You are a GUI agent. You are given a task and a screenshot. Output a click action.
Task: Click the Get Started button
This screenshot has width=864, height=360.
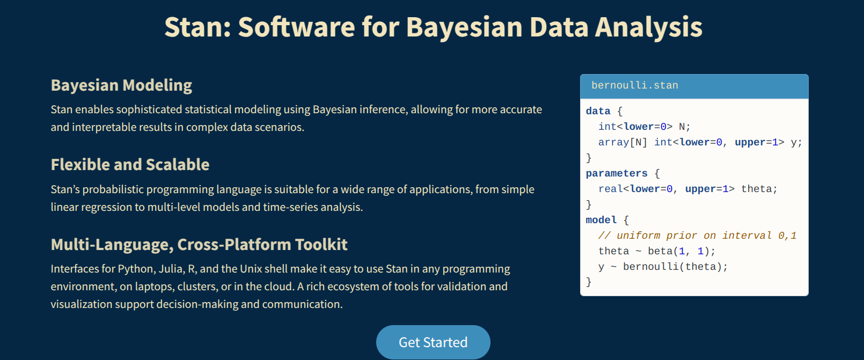[x=433, y=342]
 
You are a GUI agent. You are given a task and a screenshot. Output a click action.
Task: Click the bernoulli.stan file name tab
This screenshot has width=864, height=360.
[x=634, y=85]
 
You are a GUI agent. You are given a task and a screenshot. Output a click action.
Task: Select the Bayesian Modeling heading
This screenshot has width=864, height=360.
[x=121, y=85]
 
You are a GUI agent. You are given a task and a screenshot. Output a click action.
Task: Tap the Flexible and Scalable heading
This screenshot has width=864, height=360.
[x=130, y=165]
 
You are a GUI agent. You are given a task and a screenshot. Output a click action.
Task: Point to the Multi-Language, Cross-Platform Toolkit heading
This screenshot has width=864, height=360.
[x=199, y=245]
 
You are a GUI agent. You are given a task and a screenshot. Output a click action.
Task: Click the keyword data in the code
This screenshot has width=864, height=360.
[x=598, y=112]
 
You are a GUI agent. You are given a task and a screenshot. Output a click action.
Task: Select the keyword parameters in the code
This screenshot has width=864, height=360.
[x=617, y=174]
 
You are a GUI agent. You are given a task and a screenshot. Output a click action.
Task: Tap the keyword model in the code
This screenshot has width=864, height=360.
[x=601, y=220]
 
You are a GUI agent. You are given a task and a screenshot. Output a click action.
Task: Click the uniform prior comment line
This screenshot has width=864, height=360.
[x=698, y=236]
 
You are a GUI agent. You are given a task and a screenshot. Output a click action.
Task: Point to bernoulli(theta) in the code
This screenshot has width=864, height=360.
[x=675, y=267]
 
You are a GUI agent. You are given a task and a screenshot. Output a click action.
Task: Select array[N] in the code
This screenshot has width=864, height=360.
[x=623, y=143]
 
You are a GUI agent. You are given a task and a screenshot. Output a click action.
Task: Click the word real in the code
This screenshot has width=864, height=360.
[x=611, y=189]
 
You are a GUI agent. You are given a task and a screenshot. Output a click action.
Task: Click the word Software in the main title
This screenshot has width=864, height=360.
[x=296, y=27]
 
